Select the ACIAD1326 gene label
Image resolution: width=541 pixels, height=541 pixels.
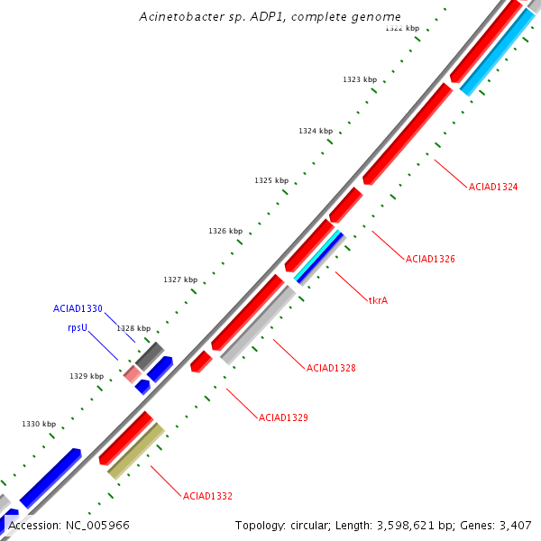[x=430, y=259]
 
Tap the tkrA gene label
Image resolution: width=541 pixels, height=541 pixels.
[x=378, y=300]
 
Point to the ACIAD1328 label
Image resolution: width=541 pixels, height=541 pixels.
[x=331, y=368]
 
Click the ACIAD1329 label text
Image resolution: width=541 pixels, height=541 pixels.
[x=283, y=417]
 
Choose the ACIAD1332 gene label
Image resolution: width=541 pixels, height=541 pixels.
[x=207, y=496]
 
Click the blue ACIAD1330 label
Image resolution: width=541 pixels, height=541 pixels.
[x=78, y=308]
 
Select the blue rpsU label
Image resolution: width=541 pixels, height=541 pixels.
[x=78, y=328]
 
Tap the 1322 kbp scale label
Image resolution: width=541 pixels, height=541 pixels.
[x=402, y=28]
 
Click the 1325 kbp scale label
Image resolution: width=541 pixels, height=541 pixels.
[x=271, y=180]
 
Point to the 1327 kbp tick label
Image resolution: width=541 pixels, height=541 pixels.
[x=180, y=280]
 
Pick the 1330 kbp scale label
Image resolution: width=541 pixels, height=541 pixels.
[x=39, y=424]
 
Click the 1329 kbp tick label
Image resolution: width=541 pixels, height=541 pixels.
[x=87, y=376]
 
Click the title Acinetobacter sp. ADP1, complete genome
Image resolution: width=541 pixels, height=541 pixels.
[x=270, y=17]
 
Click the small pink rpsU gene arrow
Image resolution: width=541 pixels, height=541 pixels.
[x=133, y=373]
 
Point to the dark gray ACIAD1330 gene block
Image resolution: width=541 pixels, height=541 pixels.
[x=150, y=354]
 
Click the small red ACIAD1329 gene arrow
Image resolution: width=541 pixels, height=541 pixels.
[x=201, y=362]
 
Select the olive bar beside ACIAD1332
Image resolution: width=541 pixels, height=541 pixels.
[x=135, y=451]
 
